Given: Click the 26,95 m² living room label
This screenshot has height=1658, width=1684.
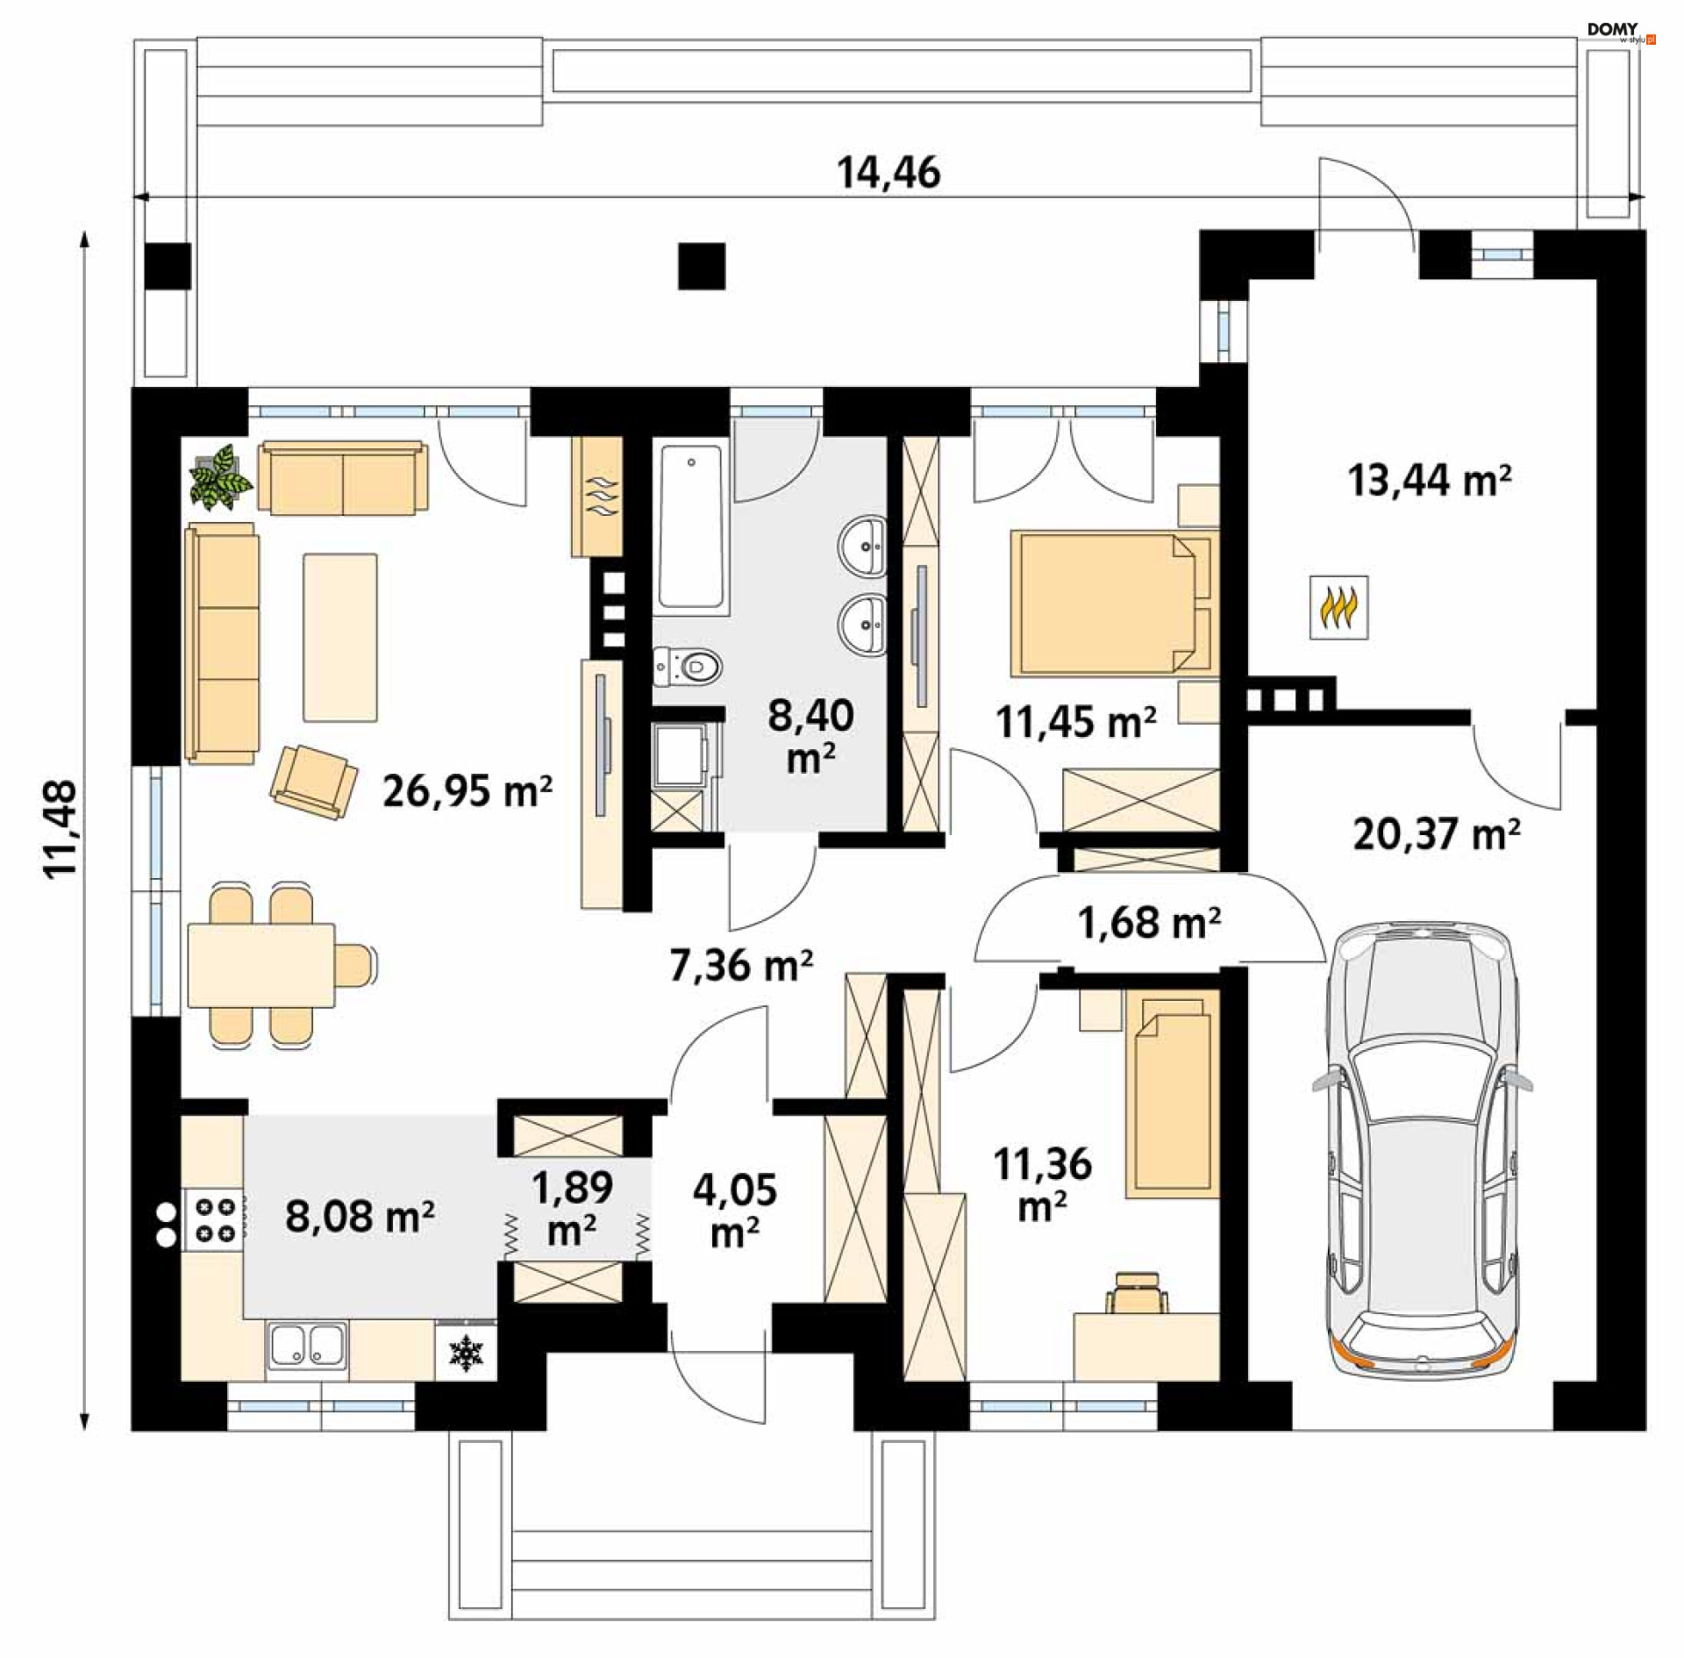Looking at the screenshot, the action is pyautogui.click(x=467, y=790).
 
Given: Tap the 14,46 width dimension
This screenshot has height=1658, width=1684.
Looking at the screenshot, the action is pyautogui.click(x=888, y=173).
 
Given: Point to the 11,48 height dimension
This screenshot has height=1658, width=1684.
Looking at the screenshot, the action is pyautogui.click(x=62, y=829).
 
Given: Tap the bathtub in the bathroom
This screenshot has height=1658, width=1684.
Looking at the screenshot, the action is pyautogui.click(x=691, y=526).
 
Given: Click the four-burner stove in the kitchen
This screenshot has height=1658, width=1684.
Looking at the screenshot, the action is pyautogui.click(x=214, y=1219).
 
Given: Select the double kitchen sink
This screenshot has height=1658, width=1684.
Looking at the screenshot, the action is pyautogui.click(x=306, y=1346).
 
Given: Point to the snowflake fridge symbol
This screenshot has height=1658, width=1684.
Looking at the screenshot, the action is pyautogui.click(x=466, y=1353).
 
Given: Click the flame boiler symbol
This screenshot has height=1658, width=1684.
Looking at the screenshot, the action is pyautogui.click(x=1339, y=606).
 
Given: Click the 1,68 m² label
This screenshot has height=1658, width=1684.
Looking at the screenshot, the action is pyautogui.click(x=1148, y=922).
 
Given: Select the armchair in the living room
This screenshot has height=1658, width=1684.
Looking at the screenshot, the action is pyautogui.click(x=313, y=782).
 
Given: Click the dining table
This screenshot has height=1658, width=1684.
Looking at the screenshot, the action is pyautogui.click(x=260, y=965).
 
